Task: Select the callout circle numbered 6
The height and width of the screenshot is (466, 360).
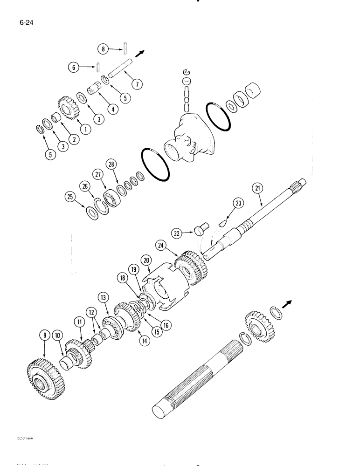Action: tap(73, 68)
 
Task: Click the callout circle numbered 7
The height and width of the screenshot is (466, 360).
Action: tap(137, 84)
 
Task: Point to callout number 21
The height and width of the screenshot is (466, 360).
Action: tap(258, 188)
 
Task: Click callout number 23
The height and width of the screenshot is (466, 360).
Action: tap(238, 203)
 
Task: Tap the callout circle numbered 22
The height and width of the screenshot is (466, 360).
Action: tap(176, 233)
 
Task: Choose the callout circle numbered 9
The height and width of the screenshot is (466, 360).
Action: tap(45, 334)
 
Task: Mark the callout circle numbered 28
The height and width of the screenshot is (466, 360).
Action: tap(111, 164)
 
